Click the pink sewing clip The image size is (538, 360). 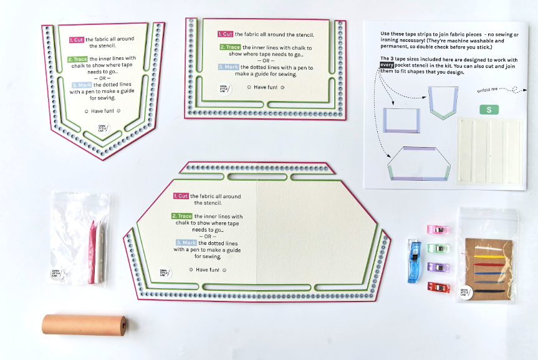(x=438, y=230)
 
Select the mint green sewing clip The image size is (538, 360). (x=439, y=249)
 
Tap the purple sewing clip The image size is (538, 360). (x=439, y=267)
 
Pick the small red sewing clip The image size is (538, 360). (x=439, y=287)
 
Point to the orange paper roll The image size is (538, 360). (x=84, y=325)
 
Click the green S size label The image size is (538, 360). (x=489, y=110)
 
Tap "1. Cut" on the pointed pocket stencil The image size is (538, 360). (x=77, y=39)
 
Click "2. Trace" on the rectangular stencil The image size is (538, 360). (x=229, y=47)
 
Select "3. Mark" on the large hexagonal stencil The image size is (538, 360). (x=186, y=242)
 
